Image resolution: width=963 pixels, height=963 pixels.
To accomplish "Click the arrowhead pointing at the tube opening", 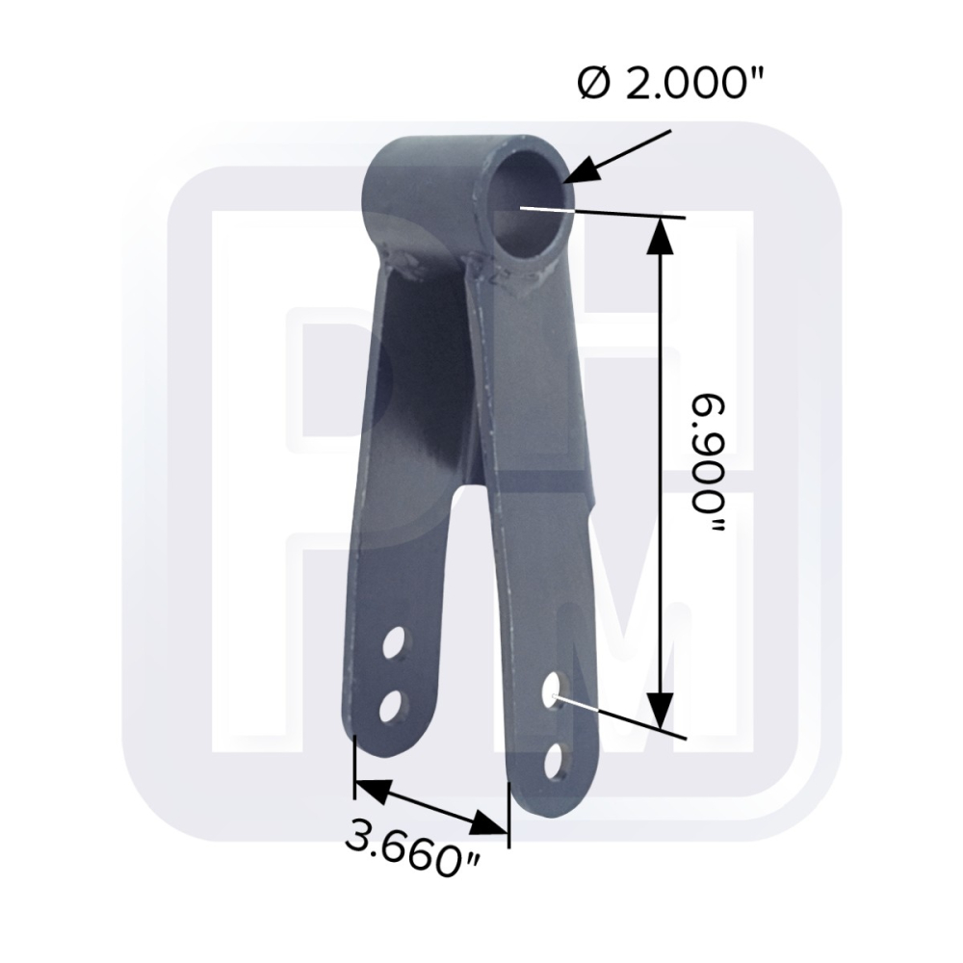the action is point(585,169).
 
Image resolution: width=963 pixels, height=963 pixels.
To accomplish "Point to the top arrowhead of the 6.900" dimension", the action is point(661,237).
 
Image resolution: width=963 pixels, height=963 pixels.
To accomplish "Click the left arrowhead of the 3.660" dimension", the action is point(374,791).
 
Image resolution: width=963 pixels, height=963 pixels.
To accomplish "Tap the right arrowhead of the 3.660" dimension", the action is point(489,823).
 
